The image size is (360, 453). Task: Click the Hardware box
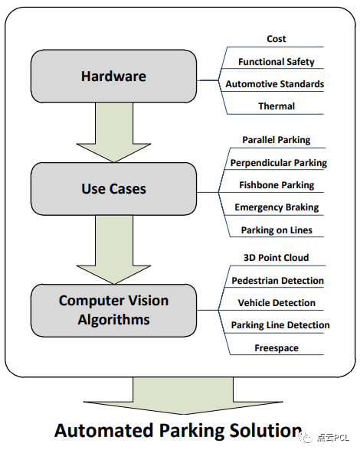[113, 77]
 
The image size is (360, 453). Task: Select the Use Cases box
[113, 189]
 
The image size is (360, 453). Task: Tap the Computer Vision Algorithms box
[113, 310]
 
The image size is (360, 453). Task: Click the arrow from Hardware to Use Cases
[113, 132]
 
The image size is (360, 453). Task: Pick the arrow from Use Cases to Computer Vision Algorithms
[113, 249]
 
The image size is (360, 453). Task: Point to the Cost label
[277, 39]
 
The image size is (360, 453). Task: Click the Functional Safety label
[277, 61]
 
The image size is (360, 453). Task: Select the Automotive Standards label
[275, 84]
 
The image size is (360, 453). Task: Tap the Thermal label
[277, 106]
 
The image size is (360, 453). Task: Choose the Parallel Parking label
[277, 140]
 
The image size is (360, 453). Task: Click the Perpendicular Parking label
[279, 163]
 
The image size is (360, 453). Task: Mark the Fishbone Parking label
[277, 185]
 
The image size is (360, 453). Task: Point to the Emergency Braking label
[277, 207]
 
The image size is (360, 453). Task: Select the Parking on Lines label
[277, 230]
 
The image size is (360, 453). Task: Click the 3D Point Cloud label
[277, 257]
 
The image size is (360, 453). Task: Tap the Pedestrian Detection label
[277, 281]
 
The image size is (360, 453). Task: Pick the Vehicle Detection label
[277, 303]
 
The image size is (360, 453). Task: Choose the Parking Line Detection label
[280, 325]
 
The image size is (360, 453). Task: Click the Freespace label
[277, 348]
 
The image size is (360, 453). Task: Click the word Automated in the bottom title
[104, 431]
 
